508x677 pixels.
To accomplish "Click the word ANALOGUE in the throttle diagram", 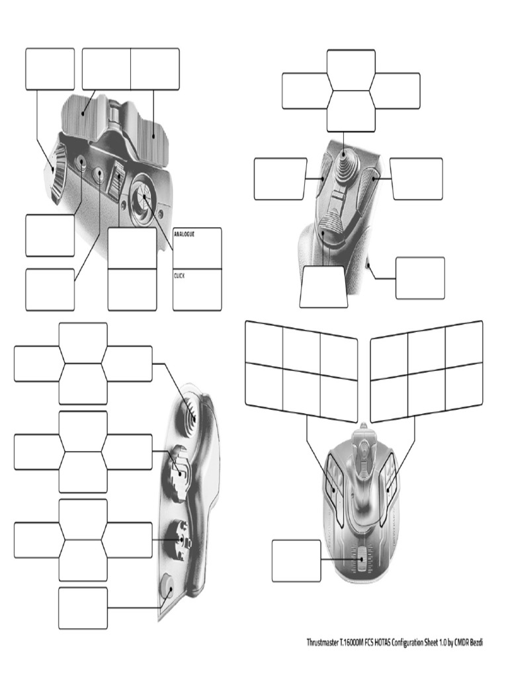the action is (184, 234).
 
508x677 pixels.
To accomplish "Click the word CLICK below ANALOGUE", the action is (179, 276).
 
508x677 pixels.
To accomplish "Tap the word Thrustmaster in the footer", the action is (322, 643).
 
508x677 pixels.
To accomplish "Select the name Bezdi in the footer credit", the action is (476, 643).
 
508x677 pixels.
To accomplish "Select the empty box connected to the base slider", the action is (296, 561).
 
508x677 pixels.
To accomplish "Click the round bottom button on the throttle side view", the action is (166, 586).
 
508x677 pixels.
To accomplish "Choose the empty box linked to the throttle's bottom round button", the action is (83, 608).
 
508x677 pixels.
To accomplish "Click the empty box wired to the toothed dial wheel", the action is (50, 69).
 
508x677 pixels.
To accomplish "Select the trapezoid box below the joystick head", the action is (323, 287).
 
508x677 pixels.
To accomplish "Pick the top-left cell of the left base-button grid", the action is (264, 343).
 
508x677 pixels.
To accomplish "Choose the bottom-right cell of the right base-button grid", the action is (464, 385).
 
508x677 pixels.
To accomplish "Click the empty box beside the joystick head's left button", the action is (280, 179).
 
